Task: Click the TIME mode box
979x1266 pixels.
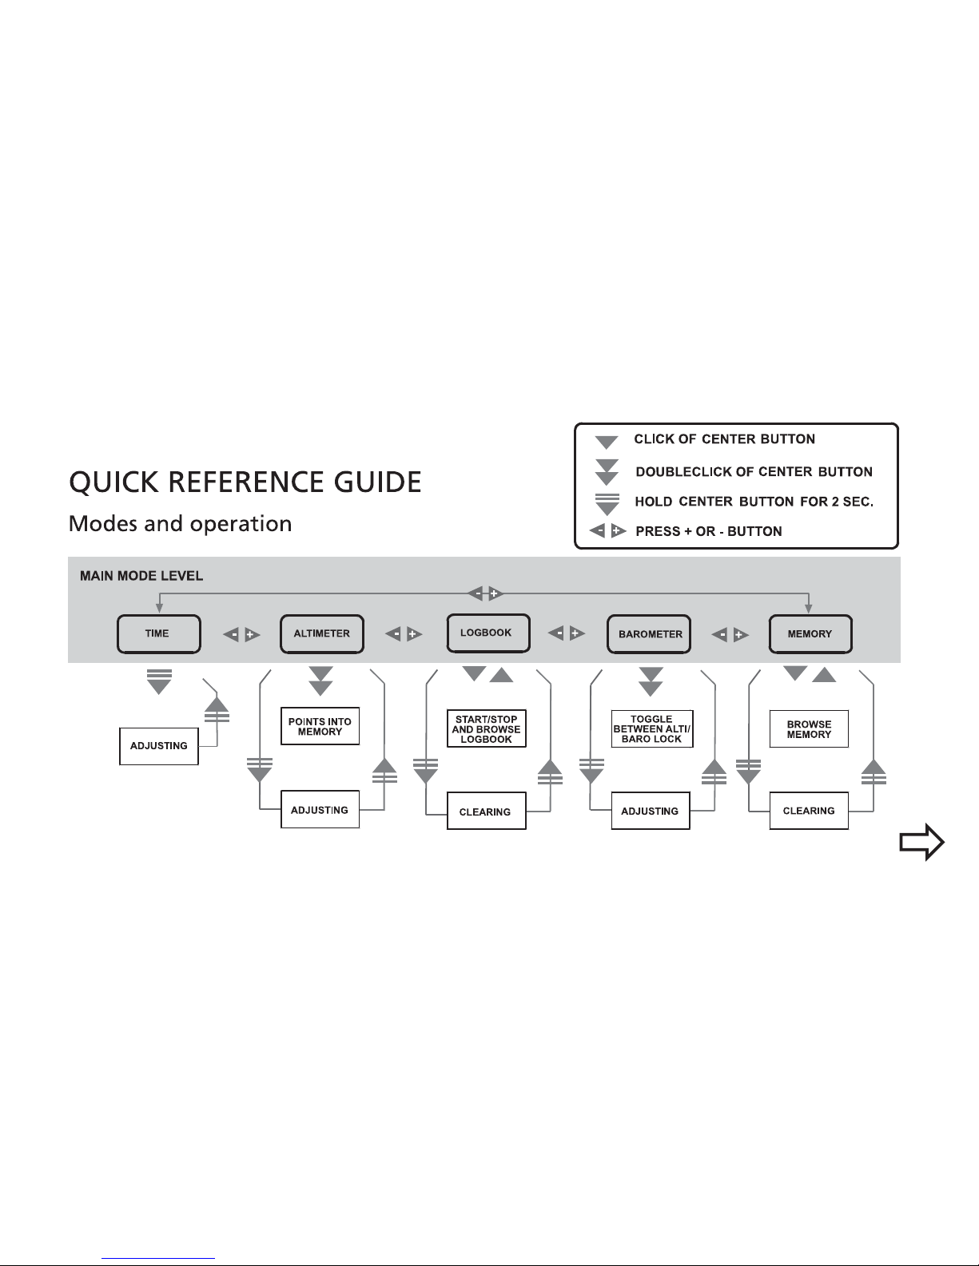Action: click(158, 634)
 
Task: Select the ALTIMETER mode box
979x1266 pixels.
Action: click(321, 634)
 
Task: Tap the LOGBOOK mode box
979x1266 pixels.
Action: click(488, 633)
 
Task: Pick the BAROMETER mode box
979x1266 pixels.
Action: click(649, 634)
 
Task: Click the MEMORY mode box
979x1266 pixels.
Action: click(810, 634)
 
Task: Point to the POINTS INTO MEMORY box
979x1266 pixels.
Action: click(320, 726)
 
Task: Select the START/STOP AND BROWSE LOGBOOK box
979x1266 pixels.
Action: click(487, 728)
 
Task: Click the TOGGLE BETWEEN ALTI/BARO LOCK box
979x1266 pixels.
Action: click(652, 728)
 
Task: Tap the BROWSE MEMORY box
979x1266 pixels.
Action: click(809, 728)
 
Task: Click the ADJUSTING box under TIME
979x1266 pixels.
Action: click(158, 746)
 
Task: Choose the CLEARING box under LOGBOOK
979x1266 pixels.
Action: click(487, 811)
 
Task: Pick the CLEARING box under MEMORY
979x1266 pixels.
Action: click(809, 811)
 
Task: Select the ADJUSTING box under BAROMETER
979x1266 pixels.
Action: click(651, 811)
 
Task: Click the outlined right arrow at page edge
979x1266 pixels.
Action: click(922, 842)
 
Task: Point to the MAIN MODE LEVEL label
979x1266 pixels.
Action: click(141, 576)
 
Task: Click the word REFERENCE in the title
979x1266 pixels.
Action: click(245, 482)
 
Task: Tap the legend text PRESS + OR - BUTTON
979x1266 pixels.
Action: click(709, 531)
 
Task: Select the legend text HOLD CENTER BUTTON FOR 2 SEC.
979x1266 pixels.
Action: click(754, 502)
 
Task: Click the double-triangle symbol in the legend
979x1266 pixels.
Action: click(607, 472)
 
